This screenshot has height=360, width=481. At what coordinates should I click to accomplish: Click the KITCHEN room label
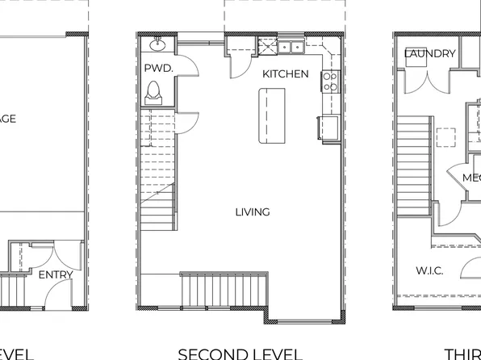coord(285,74)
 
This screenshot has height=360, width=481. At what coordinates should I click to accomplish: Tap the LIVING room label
coord(253,212)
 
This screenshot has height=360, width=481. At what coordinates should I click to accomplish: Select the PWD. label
coord(158,69)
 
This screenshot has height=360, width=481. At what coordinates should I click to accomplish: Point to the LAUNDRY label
coord(429,54)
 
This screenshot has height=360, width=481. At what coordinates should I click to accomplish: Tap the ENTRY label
coord(56,274)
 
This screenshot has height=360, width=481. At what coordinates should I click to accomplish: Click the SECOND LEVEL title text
coord(240,354)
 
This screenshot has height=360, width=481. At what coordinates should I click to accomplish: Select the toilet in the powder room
coord(154,94)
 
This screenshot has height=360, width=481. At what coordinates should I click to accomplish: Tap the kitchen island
coord(271,116)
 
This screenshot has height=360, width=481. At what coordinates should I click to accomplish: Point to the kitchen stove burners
coord(329,80)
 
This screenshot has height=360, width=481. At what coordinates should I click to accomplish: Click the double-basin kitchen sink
coord(291,47)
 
